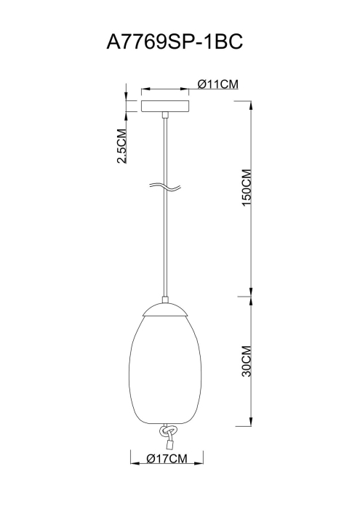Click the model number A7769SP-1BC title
coord(175,41)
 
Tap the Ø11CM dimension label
coord(218,84)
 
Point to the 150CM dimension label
coord(247,188)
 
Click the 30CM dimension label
coord(247,361)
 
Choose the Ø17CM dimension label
coord(167,459)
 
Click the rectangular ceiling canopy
coord(165,106)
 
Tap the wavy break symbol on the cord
coord(165,187)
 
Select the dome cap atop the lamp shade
coord(165,309)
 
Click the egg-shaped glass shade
coord(165,369)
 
